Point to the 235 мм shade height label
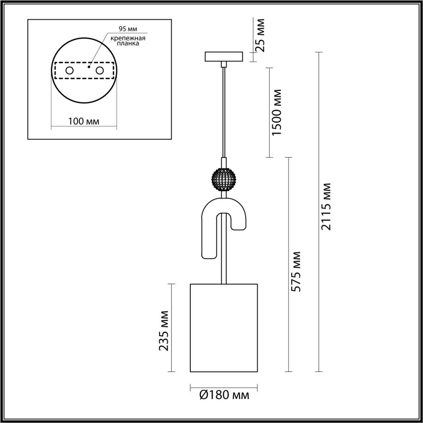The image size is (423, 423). coord(164,331)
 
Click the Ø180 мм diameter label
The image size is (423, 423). coord(224,396)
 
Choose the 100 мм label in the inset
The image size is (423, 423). coord(84,122)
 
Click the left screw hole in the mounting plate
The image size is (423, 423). coord(69,70)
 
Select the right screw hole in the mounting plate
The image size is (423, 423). coord(100,70)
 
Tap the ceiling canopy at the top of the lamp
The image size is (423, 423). coord(224,56)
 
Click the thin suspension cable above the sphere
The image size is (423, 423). coord(224,113)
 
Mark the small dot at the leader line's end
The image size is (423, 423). coord(90,66)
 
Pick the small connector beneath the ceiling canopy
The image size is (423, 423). coord(224,64)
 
